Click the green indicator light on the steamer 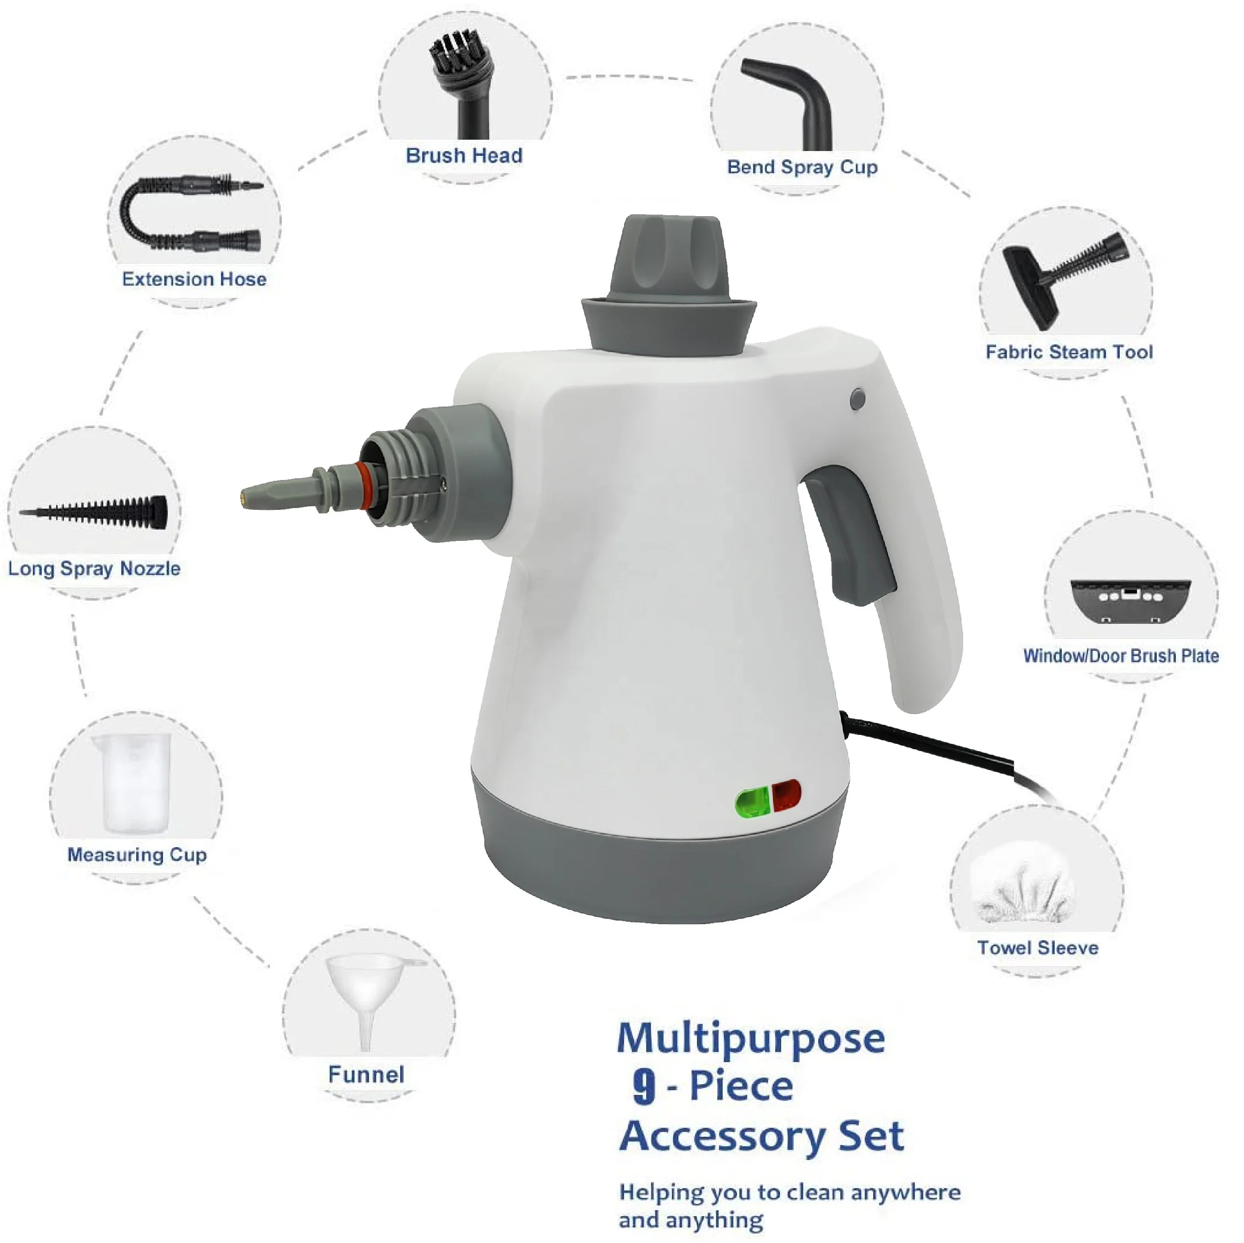point(752,802)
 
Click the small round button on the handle point(858,399)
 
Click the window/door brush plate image point(1131,599)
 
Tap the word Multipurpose point(751,1038)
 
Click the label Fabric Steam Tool point(1069,352)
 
